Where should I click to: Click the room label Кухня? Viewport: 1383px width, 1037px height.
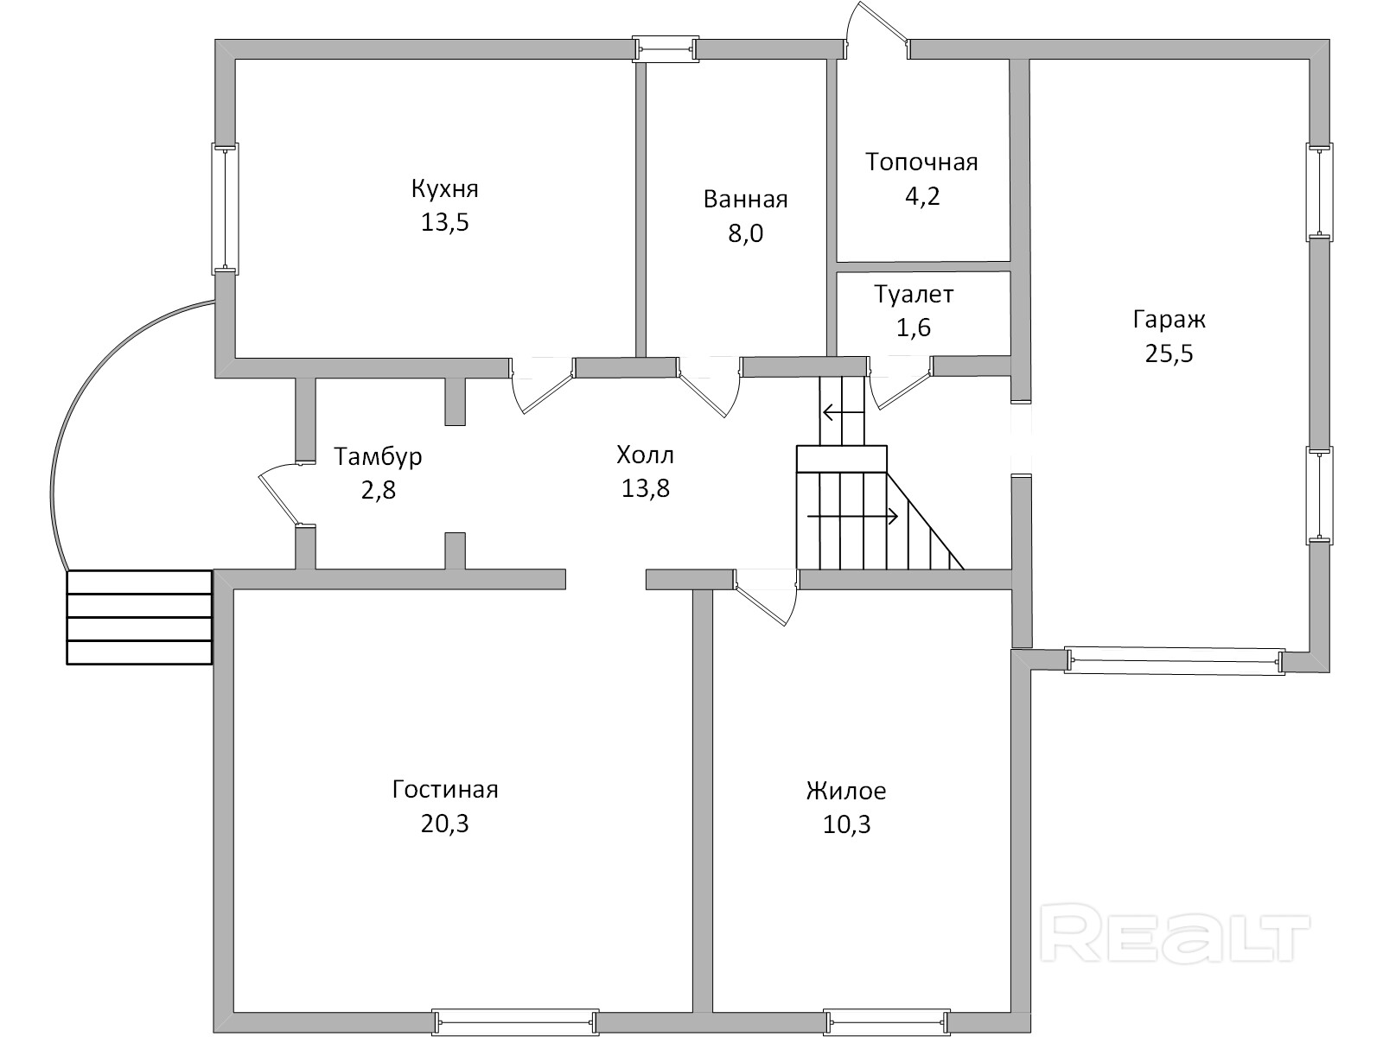pos(445,189)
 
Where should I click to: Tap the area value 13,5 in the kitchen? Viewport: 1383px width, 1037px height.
pos(445,222)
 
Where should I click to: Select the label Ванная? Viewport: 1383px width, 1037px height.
pos(745,199)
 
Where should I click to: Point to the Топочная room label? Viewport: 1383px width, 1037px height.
pos(921,162)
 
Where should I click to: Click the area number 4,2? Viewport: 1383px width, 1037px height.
pos(922,196)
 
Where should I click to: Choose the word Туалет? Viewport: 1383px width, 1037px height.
pos(914,294)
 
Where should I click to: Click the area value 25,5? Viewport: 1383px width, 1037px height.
pos(1169,353)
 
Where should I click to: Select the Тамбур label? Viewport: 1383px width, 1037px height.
pos(378,456)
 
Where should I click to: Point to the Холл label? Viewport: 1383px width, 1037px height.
pos(645,455)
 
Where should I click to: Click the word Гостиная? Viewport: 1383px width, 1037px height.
pos(445,790)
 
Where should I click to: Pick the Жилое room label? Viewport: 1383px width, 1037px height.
pos(846,791)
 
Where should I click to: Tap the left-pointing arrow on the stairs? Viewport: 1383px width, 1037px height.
pos(843,413)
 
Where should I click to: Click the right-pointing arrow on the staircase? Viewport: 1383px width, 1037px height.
pos(852,516)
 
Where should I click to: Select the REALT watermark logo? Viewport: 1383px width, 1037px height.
pos(1175,940)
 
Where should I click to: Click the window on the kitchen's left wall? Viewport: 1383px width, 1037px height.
pos(225,209)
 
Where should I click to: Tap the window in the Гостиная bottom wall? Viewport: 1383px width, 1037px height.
pos(515,1022)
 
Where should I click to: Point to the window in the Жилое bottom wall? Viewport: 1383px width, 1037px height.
pos(887,1022)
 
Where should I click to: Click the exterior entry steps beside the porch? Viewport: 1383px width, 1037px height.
pos(139,617)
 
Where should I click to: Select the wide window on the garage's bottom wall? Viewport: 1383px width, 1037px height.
pos(1175,661)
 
